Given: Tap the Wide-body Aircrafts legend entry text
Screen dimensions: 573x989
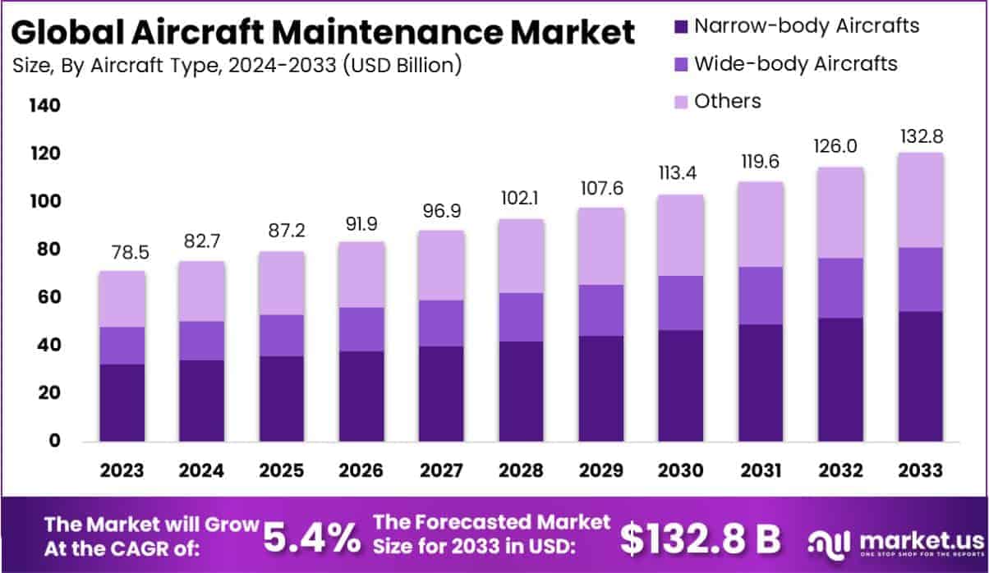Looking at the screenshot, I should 795,63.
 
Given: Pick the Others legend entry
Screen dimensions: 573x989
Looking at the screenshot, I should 727,101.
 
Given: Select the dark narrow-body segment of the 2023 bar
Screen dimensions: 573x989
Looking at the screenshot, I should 122,402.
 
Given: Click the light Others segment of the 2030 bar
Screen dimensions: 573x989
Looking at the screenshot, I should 680,235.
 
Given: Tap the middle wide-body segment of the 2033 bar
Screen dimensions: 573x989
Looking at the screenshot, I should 919,279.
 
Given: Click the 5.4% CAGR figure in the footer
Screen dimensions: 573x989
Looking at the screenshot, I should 312,538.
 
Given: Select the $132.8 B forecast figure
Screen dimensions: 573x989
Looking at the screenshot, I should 700,538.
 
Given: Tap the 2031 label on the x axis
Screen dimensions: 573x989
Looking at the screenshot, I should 760,470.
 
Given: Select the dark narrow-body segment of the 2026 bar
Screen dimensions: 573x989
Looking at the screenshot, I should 361,396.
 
